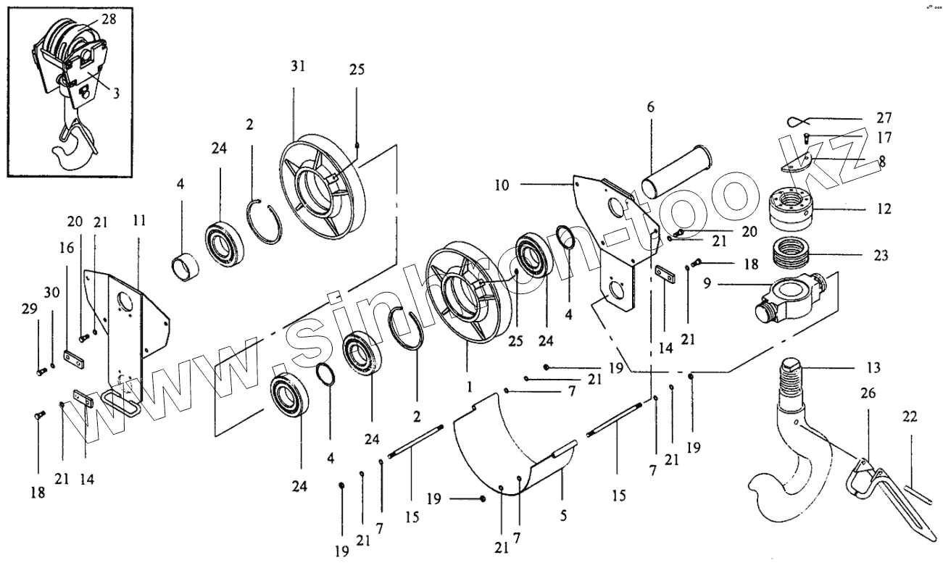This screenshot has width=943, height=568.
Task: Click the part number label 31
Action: (298, 66)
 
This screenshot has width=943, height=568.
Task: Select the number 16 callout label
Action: (67, 248)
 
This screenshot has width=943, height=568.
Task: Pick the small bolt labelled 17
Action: (807, 138)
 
